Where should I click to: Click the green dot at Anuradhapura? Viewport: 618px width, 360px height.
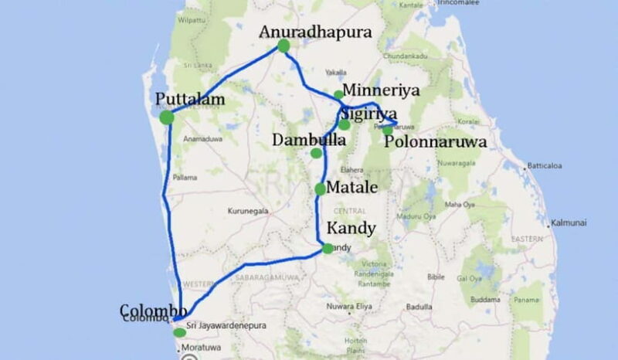(284, 46)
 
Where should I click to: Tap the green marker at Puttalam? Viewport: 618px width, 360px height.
(167, 117)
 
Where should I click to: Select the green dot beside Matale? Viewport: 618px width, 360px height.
(321, 188)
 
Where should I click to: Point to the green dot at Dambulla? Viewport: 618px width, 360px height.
(316, 153)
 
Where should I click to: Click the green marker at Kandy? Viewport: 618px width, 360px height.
(328, 248)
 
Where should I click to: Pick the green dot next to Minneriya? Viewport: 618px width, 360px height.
(338, 95)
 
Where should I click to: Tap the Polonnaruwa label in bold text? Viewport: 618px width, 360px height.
(435, 142)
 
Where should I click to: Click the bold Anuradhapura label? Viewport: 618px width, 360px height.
(316, 32)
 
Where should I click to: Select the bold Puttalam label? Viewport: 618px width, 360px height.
(189, 99)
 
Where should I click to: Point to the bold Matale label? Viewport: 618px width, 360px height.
(352, 187)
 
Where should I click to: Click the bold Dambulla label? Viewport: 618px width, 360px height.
(308, 141)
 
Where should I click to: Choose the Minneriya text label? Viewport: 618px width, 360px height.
(382, 90)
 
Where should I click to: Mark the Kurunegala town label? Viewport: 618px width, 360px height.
(247, 210)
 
